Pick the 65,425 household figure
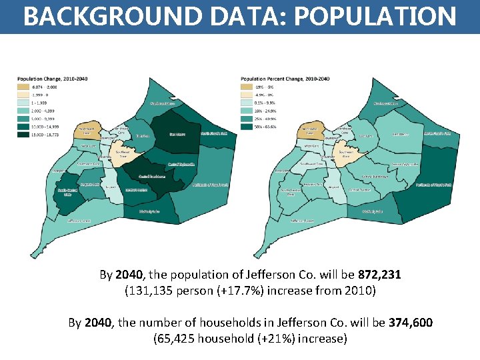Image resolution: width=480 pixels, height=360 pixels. [175, 339]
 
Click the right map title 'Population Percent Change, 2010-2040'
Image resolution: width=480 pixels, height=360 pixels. [285, 79]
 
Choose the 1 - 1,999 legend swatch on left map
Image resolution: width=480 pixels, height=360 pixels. [23, 103]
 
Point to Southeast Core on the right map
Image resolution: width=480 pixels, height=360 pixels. [345, 153]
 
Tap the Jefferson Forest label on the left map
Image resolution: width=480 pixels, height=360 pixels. [79, 219]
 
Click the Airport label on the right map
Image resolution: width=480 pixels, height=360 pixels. [334, 187]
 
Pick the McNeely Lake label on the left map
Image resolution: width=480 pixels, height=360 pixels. [150, 211]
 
